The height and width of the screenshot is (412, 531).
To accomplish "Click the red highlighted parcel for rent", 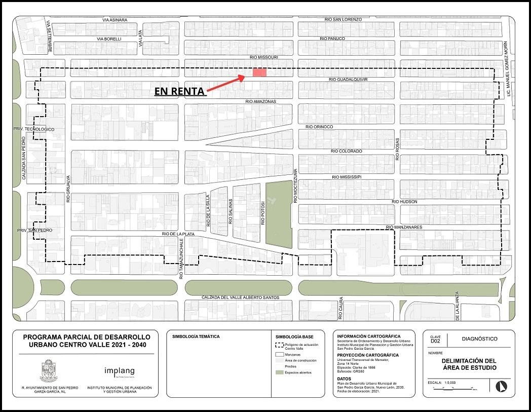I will (259, 72).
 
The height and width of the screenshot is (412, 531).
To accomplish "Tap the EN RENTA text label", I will (180, 92).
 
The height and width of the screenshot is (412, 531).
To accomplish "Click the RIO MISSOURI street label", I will (264, 58).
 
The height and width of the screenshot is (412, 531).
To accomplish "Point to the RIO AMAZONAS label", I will (260, 101).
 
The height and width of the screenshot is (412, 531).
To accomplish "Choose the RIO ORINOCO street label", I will (319, 127).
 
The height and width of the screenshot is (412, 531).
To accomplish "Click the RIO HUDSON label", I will (404, 202).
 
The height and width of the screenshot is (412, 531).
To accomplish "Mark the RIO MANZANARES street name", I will (404, 228).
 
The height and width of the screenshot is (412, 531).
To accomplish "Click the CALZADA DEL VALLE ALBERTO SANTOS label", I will (240, 297).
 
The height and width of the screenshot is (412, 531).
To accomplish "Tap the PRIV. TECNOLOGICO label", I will (34, 130).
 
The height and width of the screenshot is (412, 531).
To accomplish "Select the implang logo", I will (119, 371).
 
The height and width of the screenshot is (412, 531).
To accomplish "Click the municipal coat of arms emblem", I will (49, 371).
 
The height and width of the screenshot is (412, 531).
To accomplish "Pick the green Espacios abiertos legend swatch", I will (278, 372).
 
